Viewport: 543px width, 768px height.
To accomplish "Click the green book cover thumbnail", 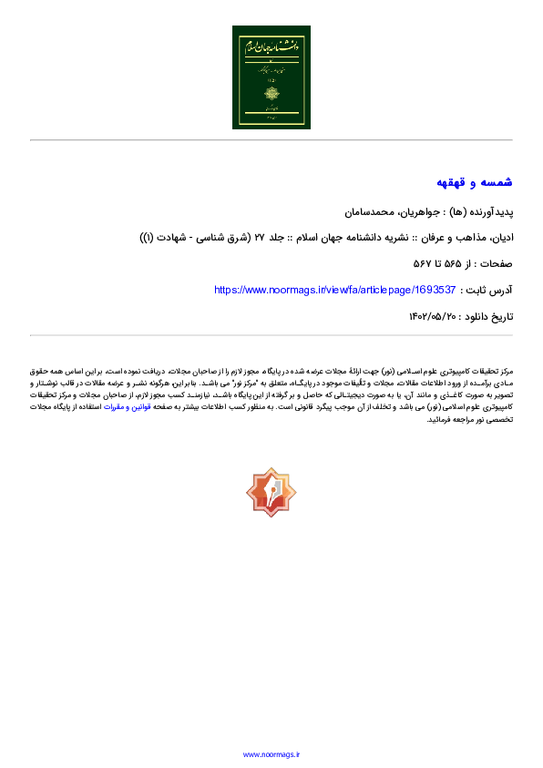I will (x=271, y=77).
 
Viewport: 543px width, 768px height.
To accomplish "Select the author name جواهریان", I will (x=406, y=211).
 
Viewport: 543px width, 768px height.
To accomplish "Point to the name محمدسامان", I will (x=362, y=211).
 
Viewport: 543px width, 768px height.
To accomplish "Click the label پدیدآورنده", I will (x=492, y=211).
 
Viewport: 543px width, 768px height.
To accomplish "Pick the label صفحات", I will (x=494, y=264).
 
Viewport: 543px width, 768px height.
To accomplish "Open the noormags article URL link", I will (x=334, y=291).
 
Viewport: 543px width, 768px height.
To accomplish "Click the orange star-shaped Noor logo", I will (x=271, y=492).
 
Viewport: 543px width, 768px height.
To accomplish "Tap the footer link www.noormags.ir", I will (x=271, y=754).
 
